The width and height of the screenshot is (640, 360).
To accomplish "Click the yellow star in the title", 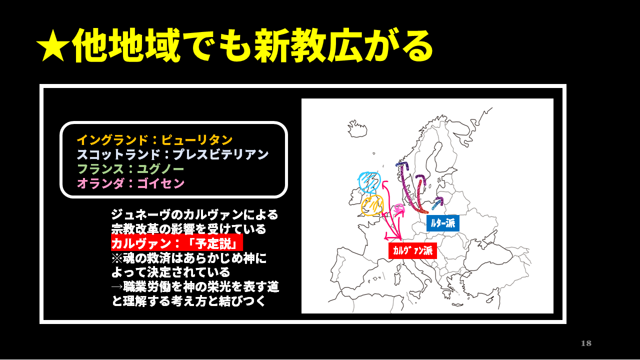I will (x=53, y=46).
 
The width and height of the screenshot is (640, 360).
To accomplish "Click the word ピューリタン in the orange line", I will (x=196, y=140).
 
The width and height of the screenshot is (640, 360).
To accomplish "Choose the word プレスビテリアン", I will (x=220, y=154).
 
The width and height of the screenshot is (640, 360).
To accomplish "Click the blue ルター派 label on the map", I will (x=442, y=223).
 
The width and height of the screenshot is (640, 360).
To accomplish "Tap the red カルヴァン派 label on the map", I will (x=412, y=250).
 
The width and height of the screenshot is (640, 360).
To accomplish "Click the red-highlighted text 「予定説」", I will (x=216, y=243).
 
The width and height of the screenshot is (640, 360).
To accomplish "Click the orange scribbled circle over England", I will (x=372, y=205).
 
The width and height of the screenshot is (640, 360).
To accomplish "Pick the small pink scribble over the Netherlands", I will (x=399, y=208).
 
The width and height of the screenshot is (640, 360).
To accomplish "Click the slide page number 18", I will (x=586, y=343).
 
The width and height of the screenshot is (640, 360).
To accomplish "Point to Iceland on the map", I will (x=357, y=128).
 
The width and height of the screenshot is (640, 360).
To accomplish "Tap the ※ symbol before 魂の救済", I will (x=116, y=258).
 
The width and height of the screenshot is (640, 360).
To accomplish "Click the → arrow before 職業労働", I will (x=116, y=286).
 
